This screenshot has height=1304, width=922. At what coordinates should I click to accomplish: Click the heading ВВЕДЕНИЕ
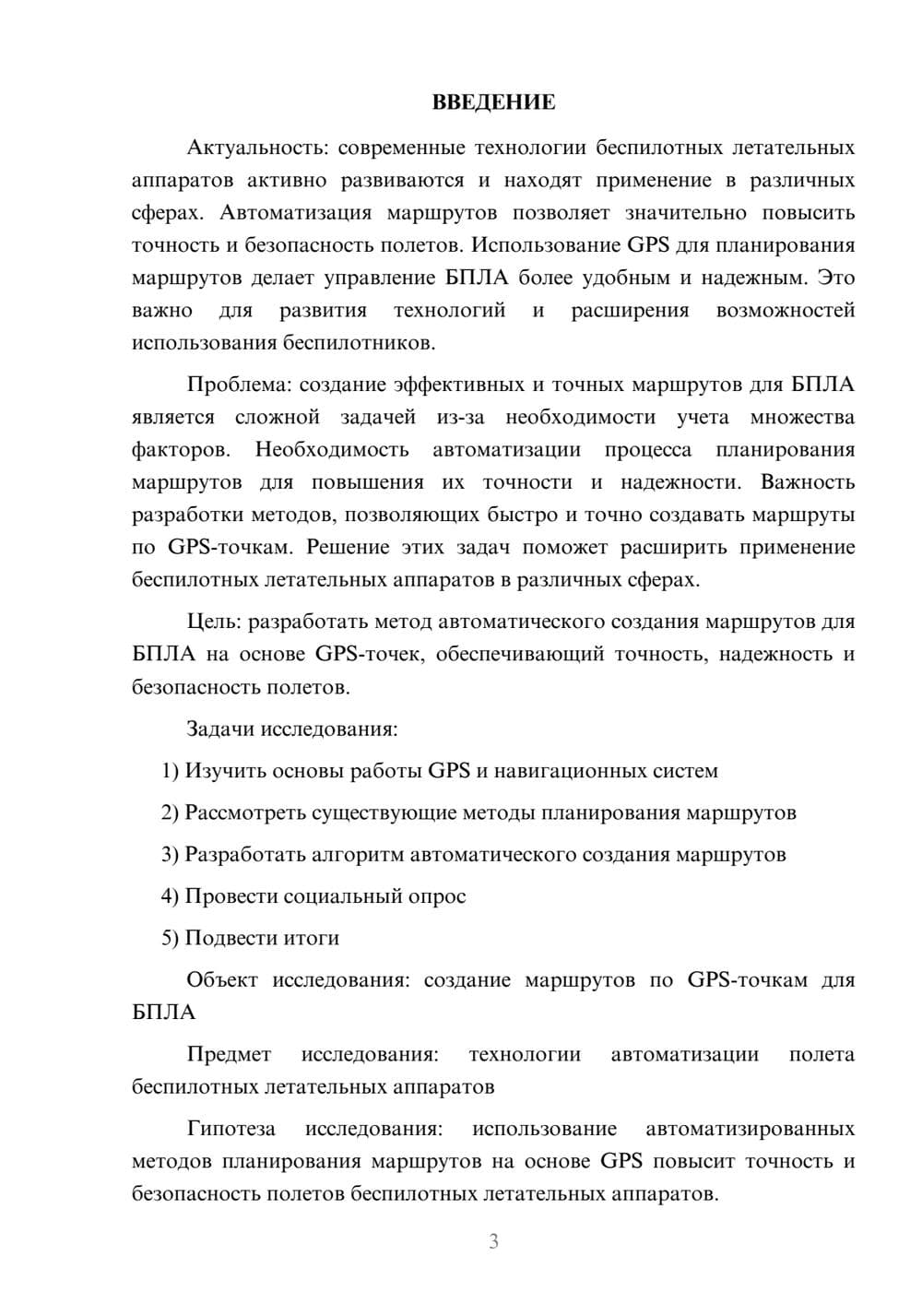(493, 102)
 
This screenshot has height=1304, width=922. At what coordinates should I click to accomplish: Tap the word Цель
(213, 622)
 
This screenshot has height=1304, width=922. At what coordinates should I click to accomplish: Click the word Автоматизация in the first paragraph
(296, 213)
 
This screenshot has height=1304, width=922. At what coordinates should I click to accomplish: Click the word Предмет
(229, 1054)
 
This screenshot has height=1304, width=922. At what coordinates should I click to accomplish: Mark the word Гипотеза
(230, 1129)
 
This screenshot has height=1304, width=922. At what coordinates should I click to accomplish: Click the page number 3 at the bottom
(493, 1241)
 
